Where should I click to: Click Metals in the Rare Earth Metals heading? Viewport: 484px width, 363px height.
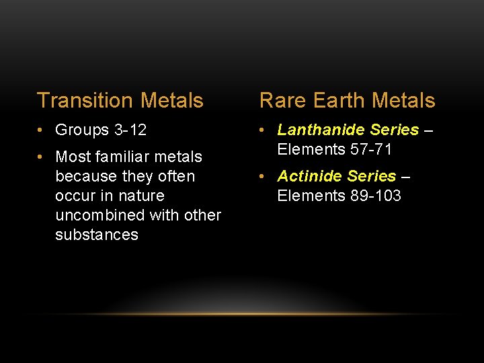(403, 101)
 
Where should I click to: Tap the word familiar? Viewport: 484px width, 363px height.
(128, 157)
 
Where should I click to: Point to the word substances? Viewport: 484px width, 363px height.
(97, 235)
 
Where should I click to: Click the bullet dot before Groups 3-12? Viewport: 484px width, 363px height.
(42, 130)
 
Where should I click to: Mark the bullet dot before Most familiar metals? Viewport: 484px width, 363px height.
(42, 157)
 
